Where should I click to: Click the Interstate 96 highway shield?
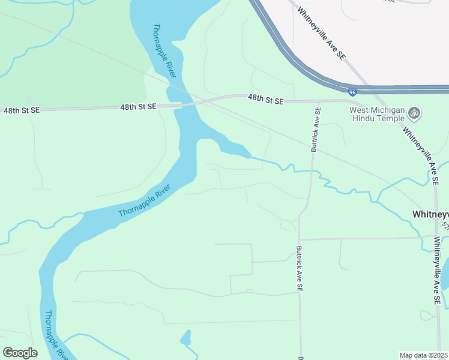coord(353,92)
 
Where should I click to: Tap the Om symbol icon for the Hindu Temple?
coord(414,113)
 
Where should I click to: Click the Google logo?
coord(20,352)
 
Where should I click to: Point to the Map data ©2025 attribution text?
coord(423,355)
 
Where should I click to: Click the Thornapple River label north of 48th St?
coord(164,50)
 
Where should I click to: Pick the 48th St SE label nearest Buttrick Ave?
coord(265,100)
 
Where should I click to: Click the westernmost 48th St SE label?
coord(22,111)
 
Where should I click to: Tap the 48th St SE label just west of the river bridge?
coord(138,106)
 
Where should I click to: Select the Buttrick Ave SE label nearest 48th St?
coord(316,130)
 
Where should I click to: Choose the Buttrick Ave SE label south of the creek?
coord(298,269)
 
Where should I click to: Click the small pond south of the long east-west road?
coord(185,338)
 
